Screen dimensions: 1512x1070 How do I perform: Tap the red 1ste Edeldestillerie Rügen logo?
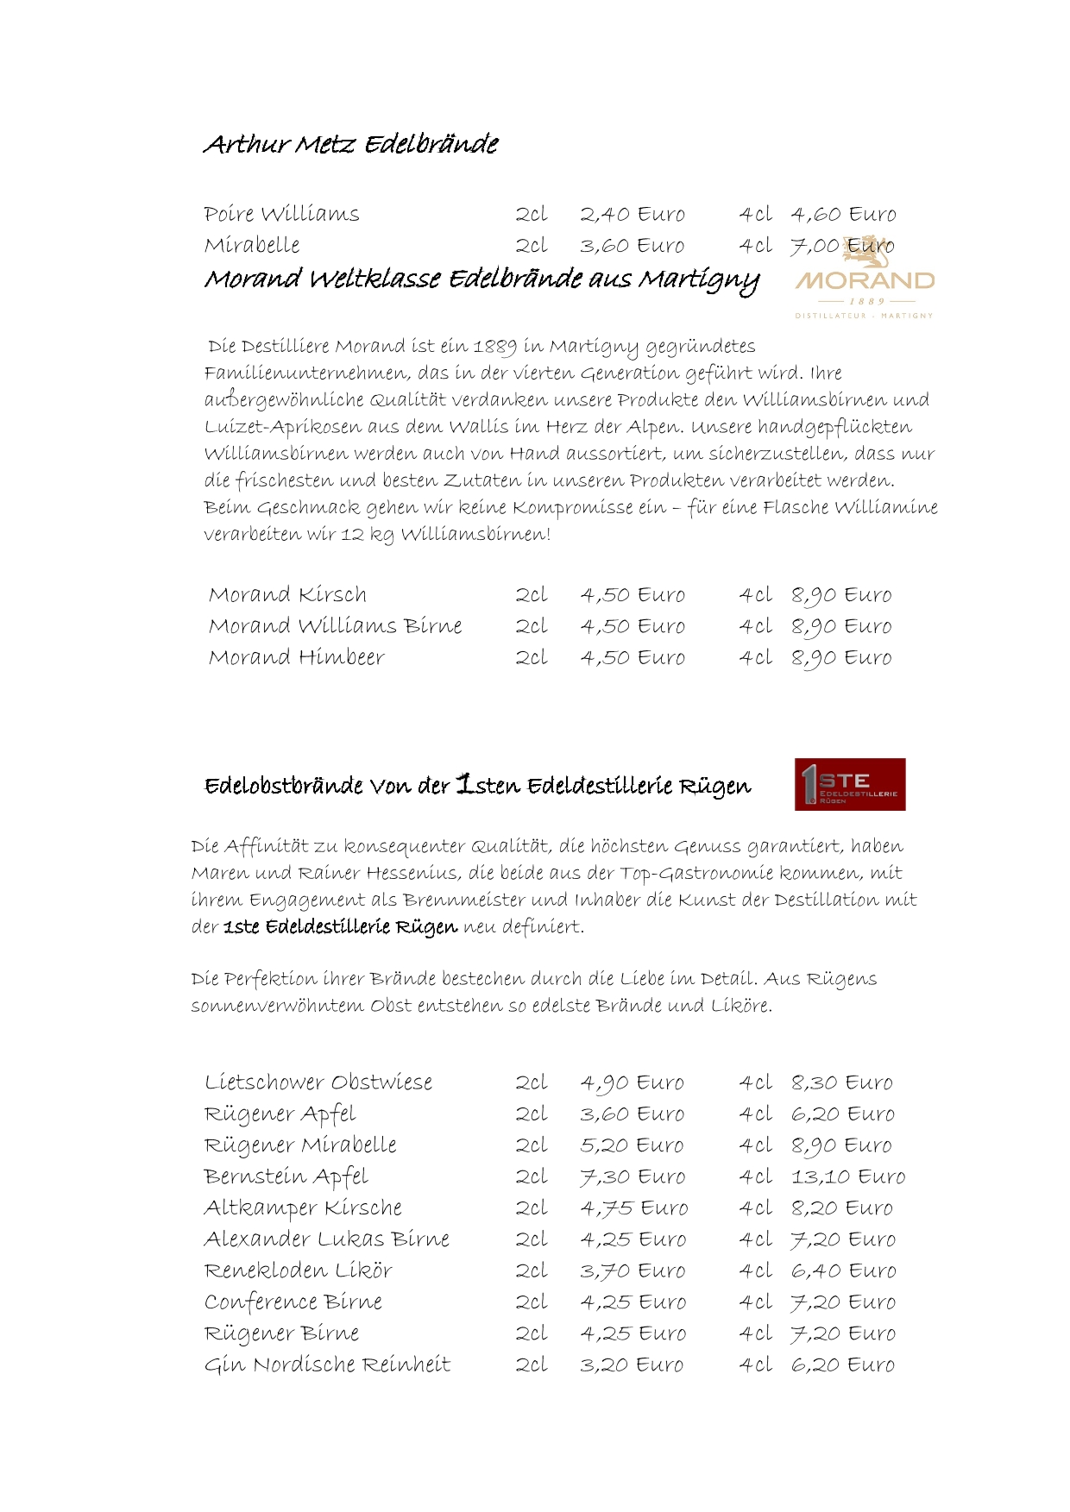click(x=849, y=784)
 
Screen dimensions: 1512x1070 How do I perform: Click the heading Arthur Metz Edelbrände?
click(x=350, y=144)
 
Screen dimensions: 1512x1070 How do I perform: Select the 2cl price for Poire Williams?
click(x=632, y=214)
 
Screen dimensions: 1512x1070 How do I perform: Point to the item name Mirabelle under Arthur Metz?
click(x=252, y=246)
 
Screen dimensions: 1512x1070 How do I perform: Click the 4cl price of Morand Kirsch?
click(x=840, y=595)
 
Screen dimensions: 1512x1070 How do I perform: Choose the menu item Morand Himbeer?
click(x=296, y=657)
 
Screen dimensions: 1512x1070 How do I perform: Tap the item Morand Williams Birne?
click(x=335, y=626)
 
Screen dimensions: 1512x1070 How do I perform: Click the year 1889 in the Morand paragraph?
click(x=494, y=347)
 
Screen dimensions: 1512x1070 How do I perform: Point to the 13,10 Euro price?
click(x=847, y=1176)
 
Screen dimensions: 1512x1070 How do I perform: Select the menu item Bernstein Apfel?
click(x=286, y=1176)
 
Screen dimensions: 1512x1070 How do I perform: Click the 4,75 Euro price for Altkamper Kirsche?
click(x=633, y=1208)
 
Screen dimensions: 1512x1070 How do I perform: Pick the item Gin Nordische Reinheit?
click(x=327, y=1365)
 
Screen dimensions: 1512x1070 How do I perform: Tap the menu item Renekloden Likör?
click(x=298, y=1270)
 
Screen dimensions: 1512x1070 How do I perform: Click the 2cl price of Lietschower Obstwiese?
click(x=632, y=1082)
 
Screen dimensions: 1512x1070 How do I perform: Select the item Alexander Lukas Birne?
click(x=326, y=1239)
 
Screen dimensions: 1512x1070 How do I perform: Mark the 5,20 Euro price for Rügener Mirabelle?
click(x=632, y=1145)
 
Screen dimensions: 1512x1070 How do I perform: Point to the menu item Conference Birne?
click(x=293, y=1302)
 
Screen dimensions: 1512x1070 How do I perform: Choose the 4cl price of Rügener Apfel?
click(x=842, y=1114)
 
